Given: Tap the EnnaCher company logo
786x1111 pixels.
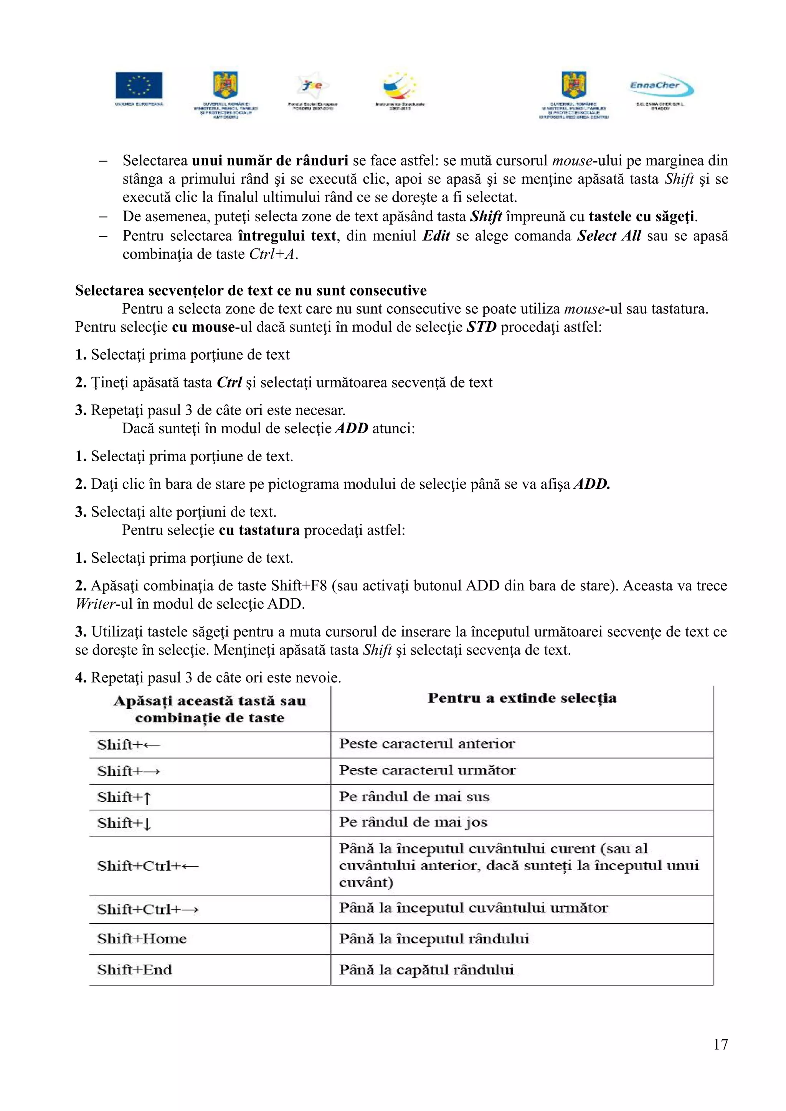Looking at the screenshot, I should tap(662, 87).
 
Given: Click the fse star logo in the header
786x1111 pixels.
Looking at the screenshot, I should tap(313, 86).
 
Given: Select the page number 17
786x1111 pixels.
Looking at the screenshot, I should tap(720, 1044).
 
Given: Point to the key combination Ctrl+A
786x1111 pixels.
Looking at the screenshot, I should tap(272, 254).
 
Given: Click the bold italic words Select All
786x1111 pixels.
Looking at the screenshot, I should tap(609, 236).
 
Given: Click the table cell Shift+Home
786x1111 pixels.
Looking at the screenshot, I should tap(142, 939).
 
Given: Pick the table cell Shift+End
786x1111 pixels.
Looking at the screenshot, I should tap(135, 970).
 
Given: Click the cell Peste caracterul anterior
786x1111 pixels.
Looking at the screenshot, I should tap(427, 744).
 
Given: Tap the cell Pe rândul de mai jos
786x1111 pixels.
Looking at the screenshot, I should tap(413, 822).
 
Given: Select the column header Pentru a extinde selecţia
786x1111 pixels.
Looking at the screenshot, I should tap(522, 698).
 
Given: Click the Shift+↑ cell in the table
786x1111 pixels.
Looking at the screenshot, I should tap(124, 797).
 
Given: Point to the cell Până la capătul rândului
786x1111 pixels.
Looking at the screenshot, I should tap(426, 970).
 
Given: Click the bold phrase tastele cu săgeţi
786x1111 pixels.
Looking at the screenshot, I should tap(642, 216).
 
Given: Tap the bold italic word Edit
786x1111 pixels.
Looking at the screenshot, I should tap(436, 236).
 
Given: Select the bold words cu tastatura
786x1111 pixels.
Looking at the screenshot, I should tap(259, 530).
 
